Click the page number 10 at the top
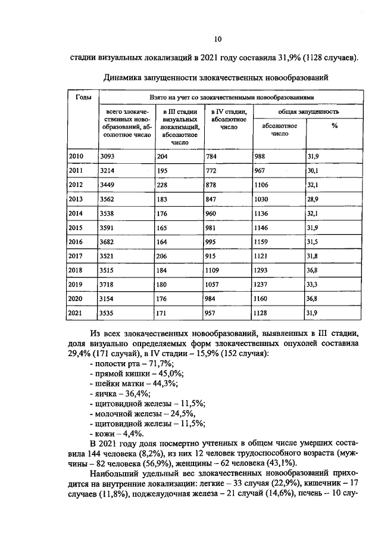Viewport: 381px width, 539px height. point(217,39)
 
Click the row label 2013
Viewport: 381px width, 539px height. point(76,198)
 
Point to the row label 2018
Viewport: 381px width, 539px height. point(76,270)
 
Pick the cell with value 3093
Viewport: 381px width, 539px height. point(107,156)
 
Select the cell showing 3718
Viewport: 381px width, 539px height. point(107,284)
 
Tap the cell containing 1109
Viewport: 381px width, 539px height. point(213,270)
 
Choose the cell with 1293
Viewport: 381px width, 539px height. point(263,270)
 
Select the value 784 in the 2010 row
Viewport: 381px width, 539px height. point(211,156)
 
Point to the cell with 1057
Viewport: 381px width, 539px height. point(213,284)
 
